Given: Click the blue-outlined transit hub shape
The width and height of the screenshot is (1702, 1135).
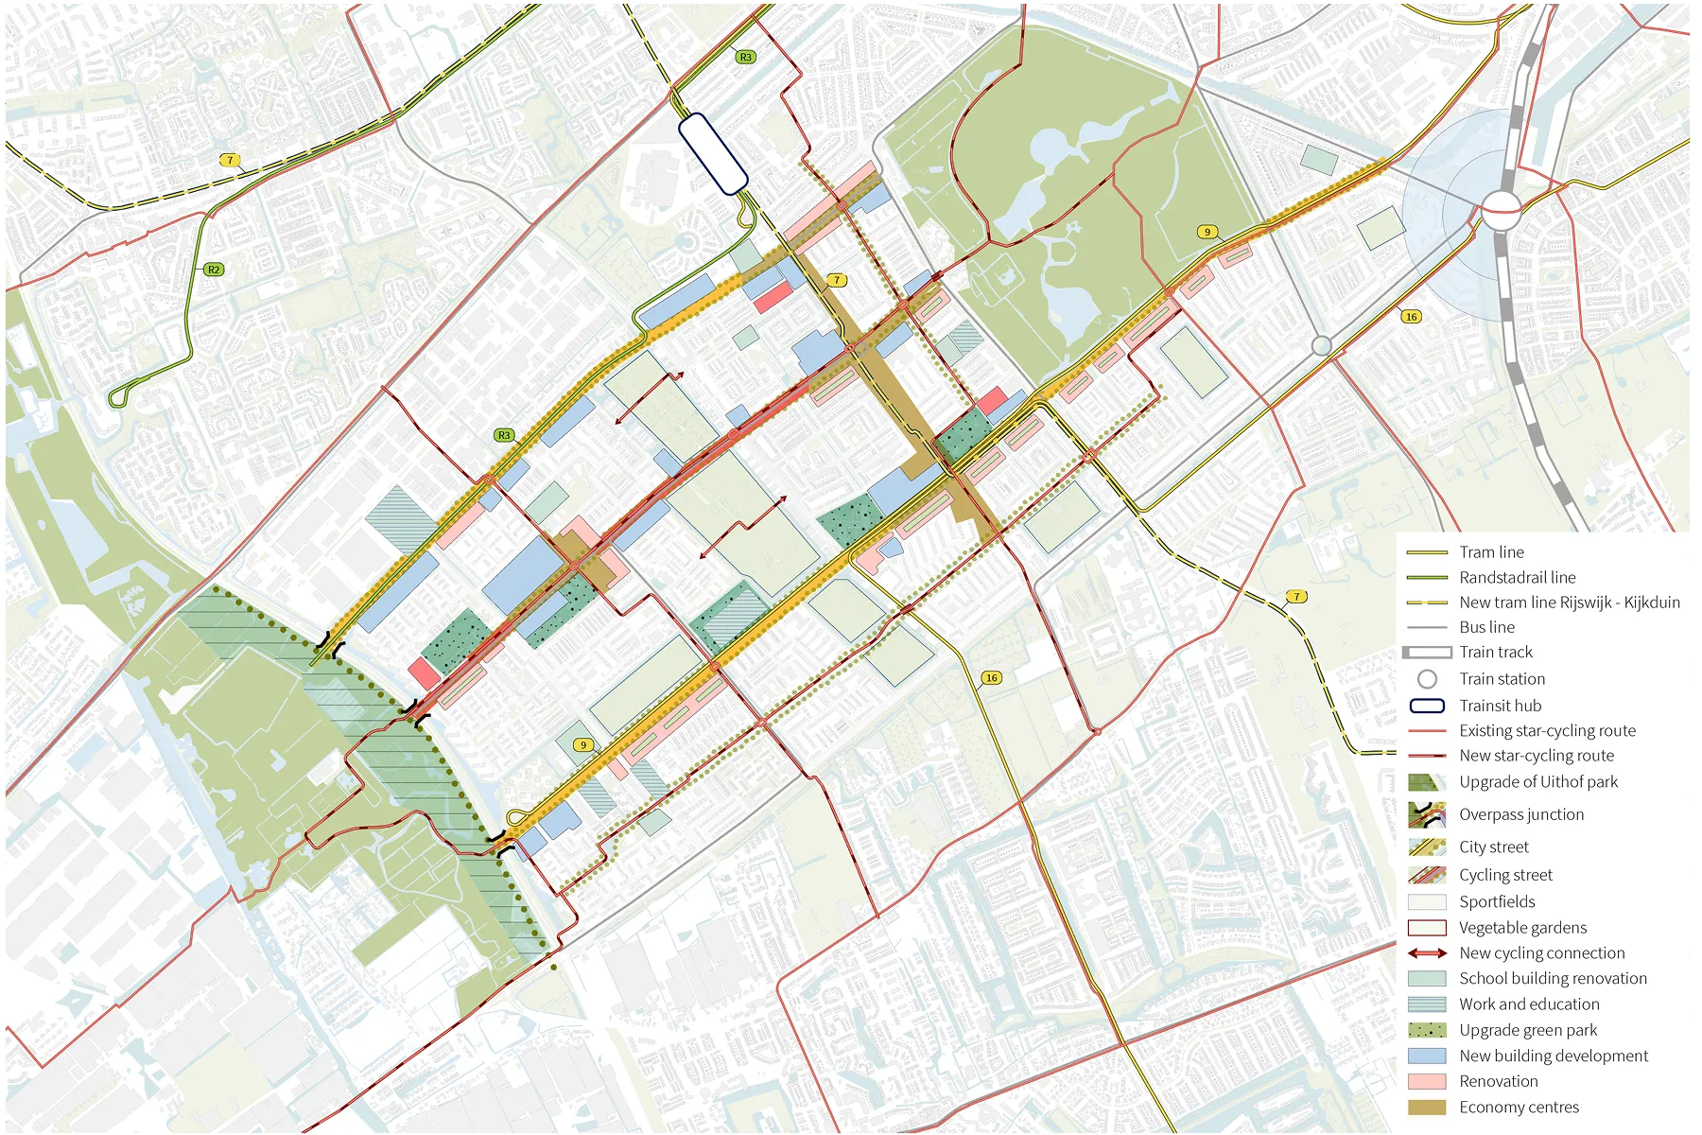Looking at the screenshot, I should [714, 154].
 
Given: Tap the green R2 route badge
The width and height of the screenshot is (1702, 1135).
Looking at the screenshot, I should [214, 270].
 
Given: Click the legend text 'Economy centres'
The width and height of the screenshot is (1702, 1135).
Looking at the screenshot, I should [1519, 1107].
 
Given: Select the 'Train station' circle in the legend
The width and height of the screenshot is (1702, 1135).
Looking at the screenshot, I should [1427, 679].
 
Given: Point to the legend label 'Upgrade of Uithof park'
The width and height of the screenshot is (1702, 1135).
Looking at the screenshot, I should [1537, 782].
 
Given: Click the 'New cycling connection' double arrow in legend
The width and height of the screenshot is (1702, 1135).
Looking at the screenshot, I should [1427, 953].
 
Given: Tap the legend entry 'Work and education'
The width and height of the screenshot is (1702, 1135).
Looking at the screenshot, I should [1528, 1004].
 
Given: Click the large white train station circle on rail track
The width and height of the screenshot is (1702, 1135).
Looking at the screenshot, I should [1501, 209].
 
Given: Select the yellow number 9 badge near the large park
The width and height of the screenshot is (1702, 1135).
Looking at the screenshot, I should [1207, 232].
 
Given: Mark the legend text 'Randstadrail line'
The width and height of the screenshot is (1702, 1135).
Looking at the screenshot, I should [1517, 577].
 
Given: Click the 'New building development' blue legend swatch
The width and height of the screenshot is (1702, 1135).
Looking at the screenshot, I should [1427, 1056].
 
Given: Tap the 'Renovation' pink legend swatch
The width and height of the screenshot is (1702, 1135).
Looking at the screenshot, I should [1427, 1081].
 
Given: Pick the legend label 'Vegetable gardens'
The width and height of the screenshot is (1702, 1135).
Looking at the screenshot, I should [1522, 928].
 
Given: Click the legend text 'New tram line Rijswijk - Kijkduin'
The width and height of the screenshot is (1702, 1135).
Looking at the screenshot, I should [1569, 602].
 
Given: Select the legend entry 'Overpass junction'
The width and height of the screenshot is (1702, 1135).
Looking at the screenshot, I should [1520, 814].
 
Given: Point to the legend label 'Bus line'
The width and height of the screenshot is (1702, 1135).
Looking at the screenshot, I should [1486, 627].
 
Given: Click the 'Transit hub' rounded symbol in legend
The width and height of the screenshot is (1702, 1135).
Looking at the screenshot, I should [1427, 706].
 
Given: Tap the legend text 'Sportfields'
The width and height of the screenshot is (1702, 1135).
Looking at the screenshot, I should [1496, 902].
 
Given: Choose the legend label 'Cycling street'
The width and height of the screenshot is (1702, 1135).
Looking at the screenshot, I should [1505, 875].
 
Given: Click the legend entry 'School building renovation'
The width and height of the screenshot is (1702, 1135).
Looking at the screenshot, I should [1552, 979].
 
